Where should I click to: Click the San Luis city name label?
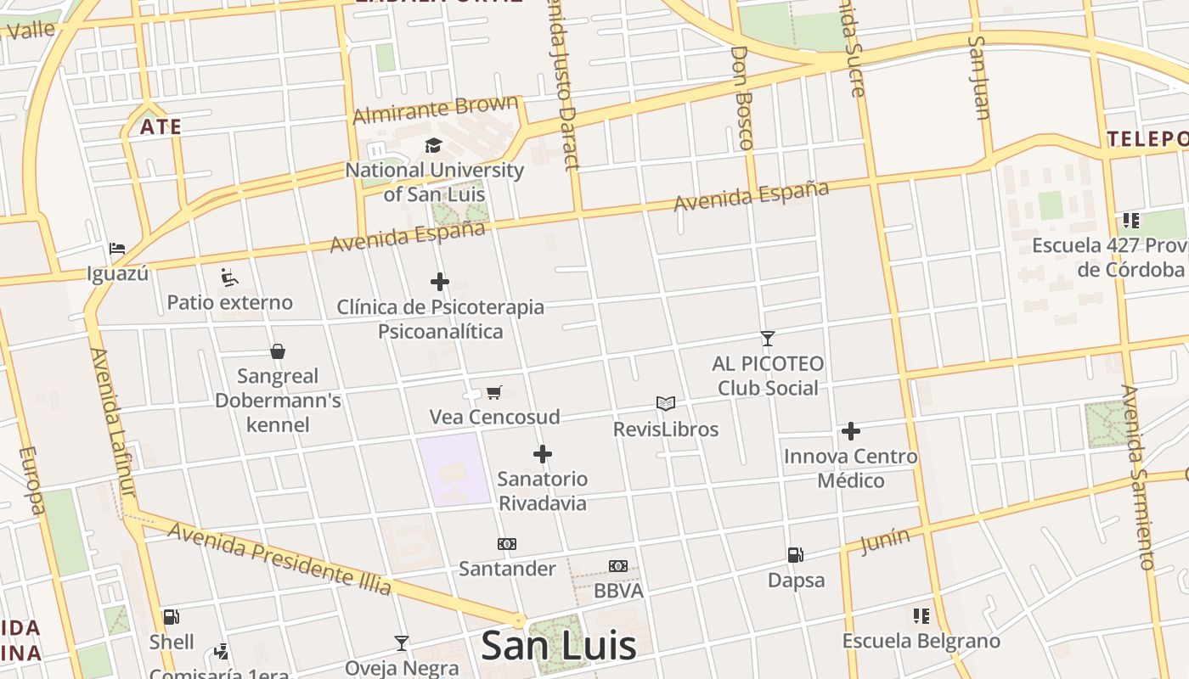point(558,645)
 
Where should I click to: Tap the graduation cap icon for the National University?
point(434,145)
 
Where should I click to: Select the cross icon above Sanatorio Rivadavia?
point(543,454)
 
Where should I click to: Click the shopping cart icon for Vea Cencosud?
point(494,392)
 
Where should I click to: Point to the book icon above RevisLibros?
point(666,404)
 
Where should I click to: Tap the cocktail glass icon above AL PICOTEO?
point(768,339)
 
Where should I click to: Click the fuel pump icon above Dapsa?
point(796,555)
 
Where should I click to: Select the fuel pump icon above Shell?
point(171,617)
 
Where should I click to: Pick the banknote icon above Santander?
point(507,544)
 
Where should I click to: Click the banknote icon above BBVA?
point(618,566)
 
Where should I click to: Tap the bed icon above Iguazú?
point(117,249)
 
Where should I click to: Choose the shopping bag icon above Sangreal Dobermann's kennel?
point(277,351)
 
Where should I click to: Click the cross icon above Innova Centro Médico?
point(851,431)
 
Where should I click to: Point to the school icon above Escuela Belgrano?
point(921,616)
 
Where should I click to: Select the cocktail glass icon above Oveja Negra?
point(402,643)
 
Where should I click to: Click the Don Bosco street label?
point(741,98)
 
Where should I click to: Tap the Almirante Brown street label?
point(436,109)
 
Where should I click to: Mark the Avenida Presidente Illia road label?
point(279,558)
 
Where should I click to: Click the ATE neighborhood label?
point(161,127)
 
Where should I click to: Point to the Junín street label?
point(885,541)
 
